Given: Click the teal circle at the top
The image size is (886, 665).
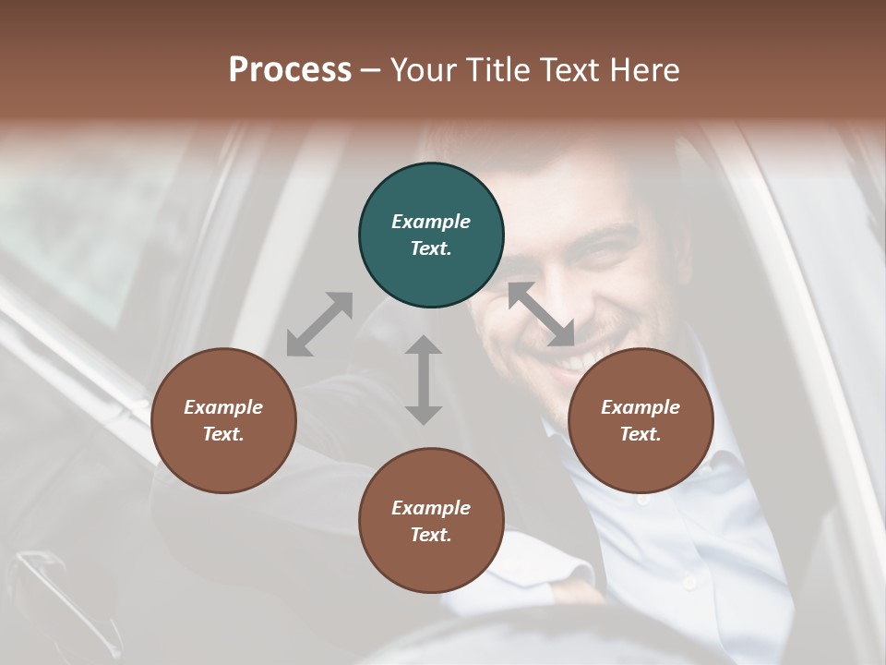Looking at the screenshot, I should [431, 236].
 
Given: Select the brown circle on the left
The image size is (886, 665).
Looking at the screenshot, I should [223, 420].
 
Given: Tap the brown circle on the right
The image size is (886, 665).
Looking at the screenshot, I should [641, 420].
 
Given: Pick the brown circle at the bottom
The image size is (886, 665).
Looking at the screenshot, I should [431, 521].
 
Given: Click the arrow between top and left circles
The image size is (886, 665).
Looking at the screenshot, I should [319, 324].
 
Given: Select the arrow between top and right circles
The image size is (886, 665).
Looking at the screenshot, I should [541, 314].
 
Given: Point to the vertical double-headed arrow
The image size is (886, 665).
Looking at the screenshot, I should [424, 380].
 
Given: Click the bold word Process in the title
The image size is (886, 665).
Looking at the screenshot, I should [290, 70].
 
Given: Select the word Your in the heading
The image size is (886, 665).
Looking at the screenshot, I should [424, 70].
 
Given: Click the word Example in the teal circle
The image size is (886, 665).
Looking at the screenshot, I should [431, 222].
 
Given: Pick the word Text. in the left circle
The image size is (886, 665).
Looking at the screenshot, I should [223, 434].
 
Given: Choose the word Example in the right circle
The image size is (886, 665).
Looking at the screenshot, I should [641, 407].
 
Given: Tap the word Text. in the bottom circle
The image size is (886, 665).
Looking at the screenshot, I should [431, 535].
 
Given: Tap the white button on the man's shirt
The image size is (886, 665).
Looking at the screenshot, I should [688, 582].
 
